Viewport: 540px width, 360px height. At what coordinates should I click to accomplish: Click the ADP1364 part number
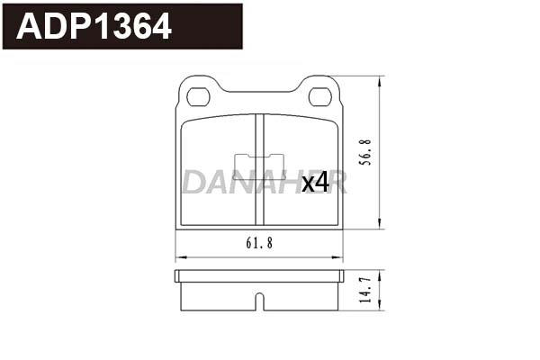click(94, 27)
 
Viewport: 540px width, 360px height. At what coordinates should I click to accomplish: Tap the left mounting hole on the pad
click(199, 96)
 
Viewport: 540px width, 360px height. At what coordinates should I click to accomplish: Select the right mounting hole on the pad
click(319, 96)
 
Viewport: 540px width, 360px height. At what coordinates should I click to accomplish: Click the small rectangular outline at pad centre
click(259, 166)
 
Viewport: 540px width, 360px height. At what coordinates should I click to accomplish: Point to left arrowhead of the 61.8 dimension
click(179, 256)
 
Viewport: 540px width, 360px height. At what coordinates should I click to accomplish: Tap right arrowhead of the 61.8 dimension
click(339, 256)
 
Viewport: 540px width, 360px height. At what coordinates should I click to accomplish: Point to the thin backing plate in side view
click(259, 274)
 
